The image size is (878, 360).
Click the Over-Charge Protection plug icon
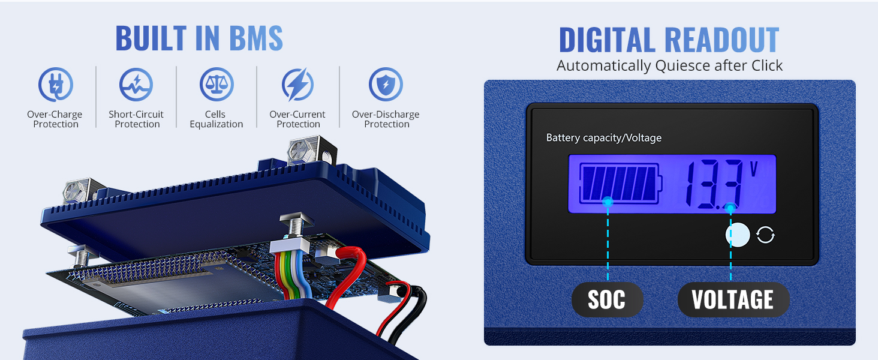point(55,84)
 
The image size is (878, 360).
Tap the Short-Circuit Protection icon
point(136,84)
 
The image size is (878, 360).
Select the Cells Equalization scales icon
point(217,84)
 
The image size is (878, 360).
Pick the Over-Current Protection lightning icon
point(298,84)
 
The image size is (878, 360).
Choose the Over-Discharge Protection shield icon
point(386,84)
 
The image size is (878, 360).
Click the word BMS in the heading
point(247,38)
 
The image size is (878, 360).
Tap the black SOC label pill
point(607,299)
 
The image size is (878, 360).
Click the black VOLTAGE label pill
point(733,299)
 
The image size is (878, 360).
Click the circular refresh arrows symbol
point(766,235)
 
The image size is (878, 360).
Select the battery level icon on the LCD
point(620,182)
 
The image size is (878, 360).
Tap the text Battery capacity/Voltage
point(603,138)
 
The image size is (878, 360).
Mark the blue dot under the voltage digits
point(730,208)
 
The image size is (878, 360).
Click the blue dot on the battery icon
point(608,202)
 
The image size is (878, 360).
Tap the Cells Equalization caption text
point(217,119)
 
